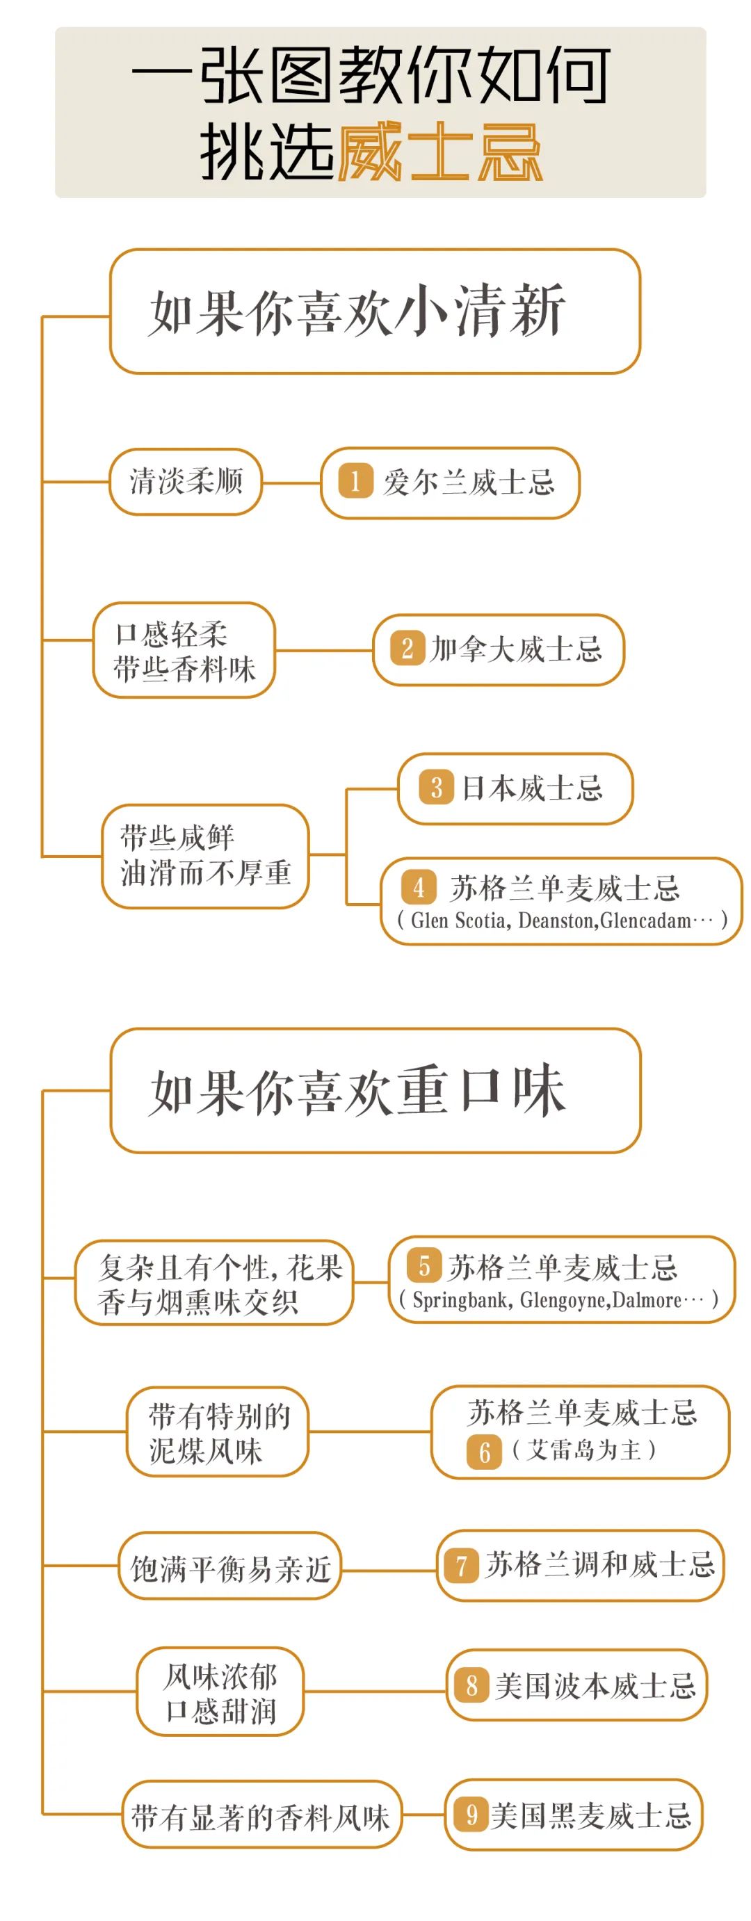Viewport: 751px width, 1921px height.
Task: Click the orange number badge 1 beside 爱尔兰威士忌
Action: pos(355,481)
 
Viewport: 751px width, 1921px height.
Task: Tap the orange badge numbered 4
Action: pos(419,887)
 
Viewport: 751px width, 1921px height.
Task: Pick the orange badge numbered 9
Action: pos(471,1815)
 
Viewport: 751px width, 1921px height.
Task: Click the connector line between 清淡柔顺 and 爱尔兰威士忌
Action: pos(291,483)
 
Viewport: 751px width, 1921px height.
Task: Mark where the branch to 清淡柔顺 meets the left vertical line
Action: pos(43,483)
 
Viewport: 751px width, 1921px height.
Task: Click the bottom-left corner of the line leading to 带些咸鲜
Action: pos(43,856)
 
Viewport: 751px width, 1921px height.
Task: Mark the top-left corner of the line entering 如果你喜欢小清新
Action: pos(43,317)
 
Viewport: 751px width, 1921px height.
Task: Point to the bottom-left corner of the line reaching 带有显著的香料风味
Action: pos(43,1814)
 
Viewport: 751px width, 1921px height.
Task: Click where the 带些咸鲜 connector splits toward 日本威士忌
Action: pos(347,854)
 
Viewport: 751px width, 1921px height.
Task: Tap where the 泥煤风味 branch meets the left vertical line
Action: pos(43,1431)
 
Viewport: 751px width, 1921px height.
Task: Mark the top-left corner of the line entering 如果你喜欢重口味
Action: pos(43,1091)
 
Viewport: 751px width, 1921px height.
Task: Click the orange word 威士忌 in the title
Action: pos(440,152)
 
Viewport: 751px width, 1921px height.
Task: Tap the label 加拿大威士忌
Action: pos(516,649)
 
